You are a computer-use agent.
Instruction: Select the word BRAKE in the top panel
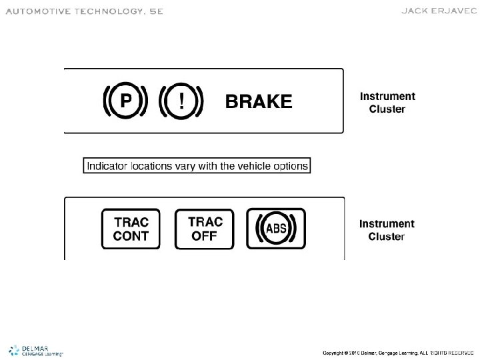coord(259,102)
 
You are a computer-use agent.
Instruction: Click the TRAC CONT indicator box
coord(131,229)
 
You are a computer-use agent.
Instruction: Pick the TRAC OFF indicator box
coord(204,229)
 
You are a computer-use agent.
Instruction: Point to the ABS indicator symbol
coord(276,229)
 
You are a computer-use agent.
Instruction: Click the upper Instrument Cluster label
coord(387,102)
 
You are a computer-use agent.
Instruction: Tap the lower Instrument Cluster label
coord(387,230)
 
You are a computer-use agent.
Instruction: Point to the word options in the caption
coord(290,166)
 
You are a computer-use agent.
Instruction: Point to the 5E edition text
coord(153,11)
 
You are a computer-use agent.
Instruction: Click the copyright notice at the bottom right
coord(397,352)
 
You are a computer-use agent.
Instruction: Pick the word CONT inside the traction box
coord(131,236)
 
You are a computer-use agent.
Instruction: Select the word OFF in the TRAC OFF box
coord(204,236)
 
